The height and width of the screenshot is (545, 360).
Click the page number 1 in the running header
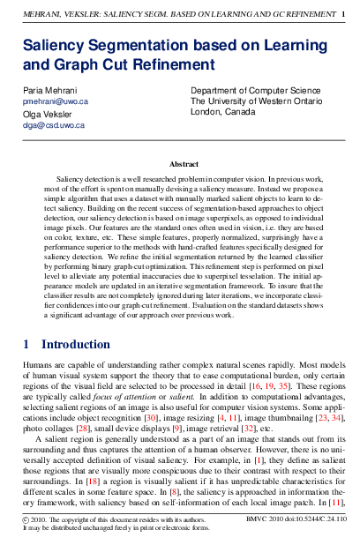pos(343,14)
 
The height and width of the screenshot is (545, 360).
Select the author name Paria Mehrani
pos(50,91)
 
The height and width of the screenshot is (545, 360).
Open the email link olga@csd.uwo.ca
pos(53,125)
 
